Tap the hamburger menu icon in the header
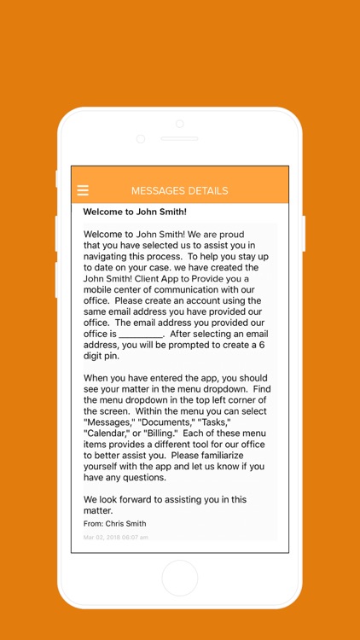83,190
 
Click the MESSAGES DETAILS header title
179,190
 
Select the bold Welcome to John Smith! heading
135,212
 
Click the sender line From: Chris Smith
114,523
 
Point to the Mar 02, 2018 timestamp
116,538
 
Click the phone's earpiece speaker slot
179,138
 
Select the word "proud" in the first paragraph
229,235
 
